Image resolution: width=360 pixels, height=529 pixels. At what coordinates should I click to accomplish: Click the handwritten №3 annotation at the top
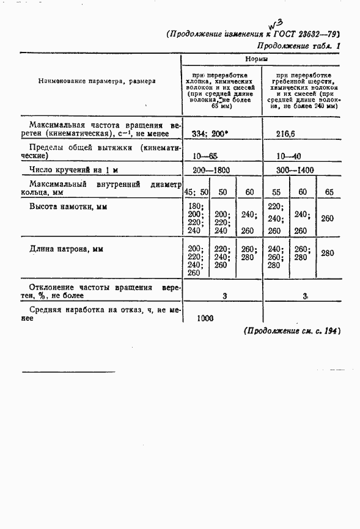[x=273, y=24]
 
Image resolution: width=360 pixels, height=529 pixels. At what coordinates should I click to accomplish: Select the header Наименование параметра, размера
[x=97, y=81]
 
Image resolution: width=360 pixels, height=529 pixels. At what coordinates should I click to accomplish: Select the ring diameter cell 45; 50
[x=196, y=192]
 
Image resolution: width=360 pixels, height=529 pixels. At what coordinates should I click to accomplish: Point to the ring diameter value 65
[x=329, y=192]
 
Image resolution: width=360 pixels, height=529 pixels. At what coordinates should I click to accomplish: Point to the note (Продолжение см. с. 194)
[x=291, y=330]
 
